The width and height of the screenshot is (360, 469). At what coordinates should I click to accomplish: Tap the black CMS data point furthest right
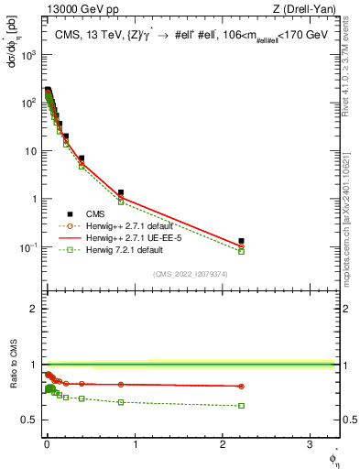[242, 241]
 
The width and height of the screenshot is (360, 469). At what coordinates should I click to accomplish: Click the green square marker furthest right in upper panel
[242, 251]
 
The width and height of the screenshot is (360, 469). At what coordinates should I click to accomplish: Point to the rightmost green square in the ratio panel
[242, 405]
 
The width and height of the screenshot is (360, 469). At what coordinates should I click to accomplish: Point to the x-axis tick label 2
[224, 443]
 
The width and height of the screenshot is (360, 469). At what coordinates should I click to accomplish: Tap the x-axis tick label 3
[311, 443]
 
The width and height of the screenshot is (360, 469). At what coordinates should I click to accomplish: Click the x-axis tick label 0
[47, 443]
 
